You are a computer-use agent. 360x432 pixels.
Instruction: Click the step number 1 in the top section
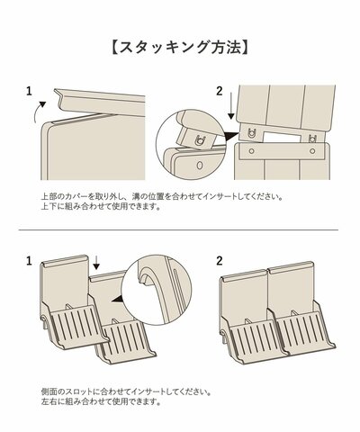[30, 91]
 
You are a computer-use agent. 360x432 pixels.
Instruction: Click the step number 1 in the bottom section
[30, 261]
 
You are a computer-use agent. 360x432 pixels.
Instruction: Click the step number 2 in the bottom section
[219, 261]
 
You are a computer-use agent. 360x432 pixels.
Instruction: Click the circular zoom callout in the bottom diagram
[154, 288]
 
